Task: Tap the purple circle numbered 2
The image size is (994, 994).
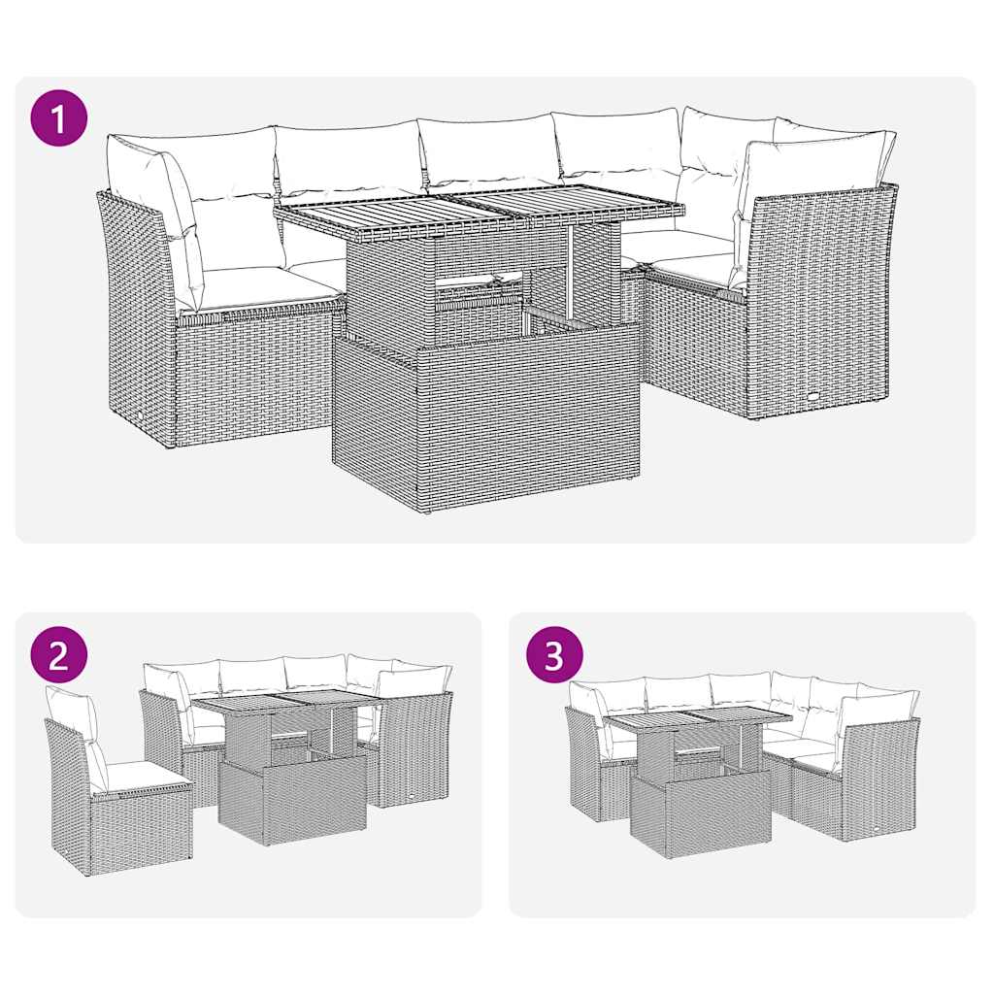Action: pos(59,656)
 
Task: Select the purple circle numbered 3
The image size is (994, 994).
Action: pos(553,656)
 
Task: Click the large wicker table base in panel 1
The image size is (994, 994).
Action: pos(485,417)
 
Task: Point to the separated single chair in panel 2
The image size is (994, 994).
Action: pos(112,786)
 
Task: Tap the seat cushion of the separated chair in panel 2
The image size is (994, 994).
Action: pos(136,774)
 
